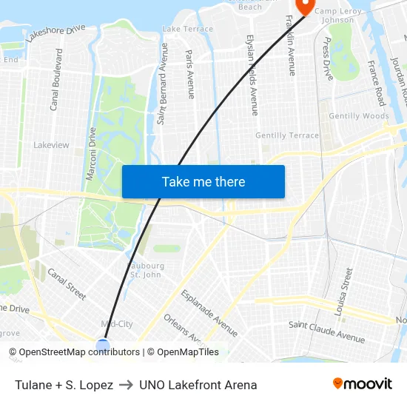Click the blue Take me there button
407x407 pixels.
[203, 181]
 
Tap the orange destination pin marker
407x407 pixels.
[304, 5]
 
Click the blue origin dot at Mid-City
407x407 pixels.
[103, 345]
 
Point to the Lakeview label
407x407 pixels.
[51, 145]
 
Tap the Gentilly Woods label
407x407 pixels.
[359, 116]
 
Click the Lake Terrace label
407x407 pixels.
[187, 29]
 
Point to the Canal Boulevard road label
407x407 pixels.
[56, 80]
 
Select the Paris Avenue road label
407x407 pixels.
[190, 74]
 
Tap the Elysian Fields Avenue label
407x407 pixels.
[252, 75]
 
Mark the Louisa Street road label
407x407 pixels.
[345, 292]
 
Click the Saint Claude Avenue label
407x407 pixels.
[326, 332]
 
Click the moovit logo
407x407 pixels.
[363, 384]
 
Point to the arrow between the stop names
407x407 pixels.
[126, 385]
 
